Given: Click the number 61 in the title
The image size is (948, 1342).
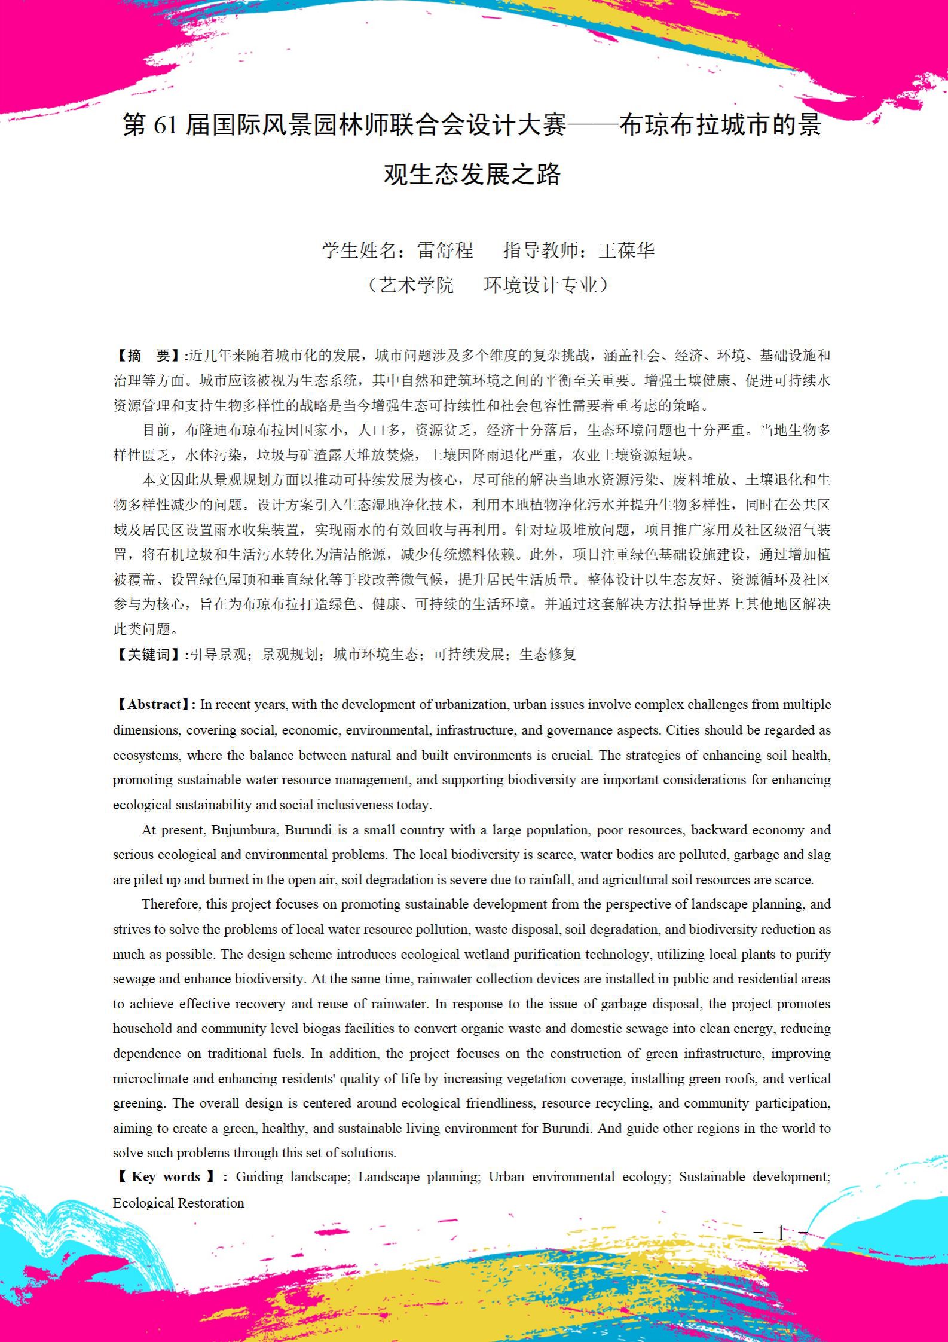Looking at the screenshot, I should (165, 126).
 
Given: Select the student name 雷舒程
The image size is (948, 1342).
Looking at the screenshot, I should (445, 250).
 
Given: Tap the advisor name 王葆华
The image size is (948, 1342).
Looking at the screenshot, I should (627, 250).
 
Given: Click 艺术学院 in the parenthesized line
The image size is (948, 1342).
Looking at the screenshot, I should (417, 285).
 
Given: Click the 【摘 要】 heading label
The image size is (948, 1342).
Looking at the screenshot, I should (149, 356).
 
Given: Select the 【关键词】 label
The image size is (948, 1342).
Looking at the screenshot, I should (149, 655).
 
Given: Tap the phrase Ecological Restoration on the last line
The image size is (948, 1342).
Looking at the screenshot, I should (179, 1203).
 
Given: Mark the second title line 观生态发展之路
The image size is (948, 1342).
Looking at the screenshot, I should (472, 175).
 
